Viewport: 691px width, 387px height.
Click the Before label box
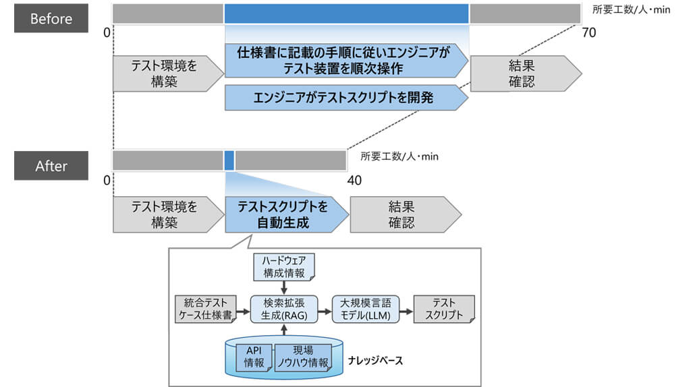[51, 18]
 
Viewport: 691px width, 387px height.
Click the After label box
[51, 166]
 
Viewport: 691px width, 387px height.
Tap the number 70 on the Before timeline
[588, 32]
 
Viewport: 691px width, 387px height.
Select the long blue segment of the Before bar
[346, 13]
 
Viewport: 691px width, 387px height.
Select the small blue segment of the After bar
[229, 160]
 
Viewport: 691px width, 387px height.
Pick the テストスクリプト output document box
[443, 309]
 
